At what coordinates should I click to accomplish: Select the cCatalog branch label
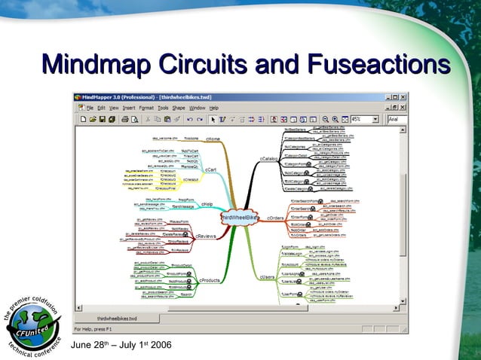[x=268, y=160]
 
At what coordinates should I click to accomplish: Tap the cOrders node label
[x=276, y=218]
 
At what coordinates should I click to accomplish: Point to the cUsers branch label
[x=268, y=278]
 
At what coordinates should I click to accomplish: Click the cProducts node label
[x=210, y=280]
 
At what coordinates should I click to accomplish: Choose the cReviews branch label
[x=206, y=236]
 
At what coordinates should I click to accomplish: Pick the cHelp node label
[x=207, y=204]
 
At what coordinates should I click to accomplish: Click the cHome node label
[x=213, y=139]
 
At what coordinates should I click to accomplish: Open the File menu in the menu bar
[x=90, y=108]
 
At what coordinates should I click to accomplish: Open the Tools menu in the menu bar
[x=163, y=108]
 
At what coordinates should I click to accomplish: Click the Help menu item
[x=214, y=108]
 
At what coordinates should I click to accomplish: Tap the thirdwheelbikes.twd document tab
[x=117, y=319]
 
